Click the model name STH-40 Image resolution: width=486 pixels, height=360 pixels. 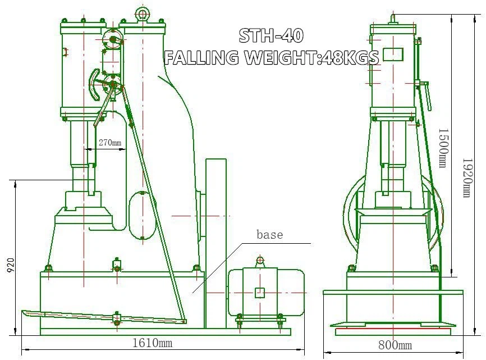[x=271, y=35]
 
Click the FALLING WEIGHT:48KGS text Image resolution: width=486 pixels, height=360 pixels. [x=271, y=57]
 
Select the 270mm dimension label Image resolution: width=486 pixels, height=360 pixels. [x=110, y=143]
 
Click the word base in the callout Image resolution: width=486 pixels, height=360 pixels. [x=269, y=234]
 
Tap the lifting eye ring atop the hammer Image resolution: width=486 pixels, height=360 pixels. [x=142, y=13]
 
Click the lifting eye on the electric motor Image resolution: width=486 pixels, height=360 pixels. [x=259, y=260]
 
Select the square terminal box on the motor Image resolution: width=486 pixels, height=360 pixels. [x=259, y=292]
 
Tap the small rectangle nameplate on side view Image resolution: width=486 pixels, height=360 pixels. [x=393, y=54]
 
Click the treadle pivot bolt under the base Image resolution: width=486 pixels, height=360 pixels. [x=117, y=322]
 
